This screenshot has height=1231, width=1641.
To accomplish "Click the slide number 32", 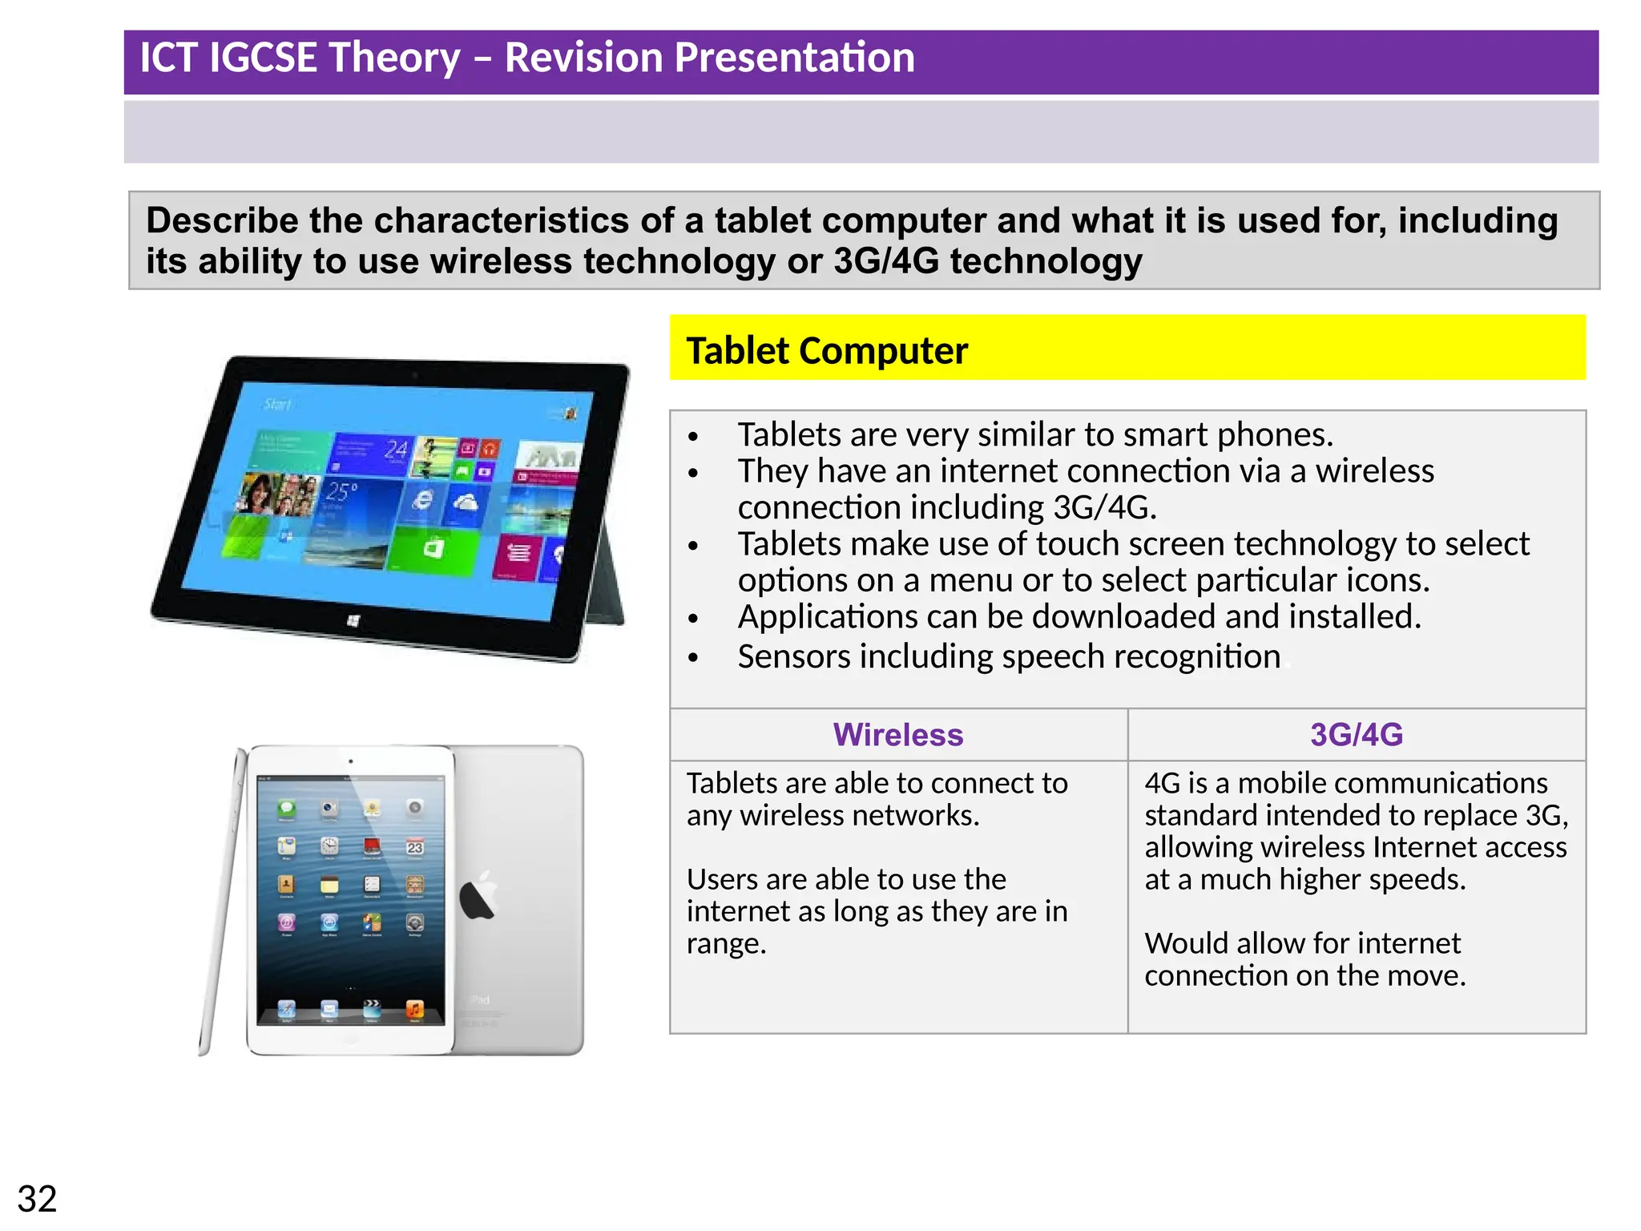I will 37,1199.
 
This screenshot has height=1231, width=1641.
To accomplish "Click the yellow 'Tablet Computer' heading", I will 826,351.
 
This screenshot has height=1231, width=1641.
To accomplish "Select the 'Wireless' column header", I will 897,735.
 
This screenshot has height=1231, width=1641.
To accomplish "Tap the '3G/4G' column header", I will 1356,735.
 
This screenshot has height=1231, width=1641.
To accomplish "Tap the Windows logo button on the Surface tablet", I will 353,621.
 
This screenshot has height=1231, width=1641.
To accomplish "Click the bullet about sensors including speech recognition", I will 1008,656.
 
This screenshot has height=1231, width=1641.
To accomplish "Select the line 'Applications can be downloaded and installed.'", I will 1079,617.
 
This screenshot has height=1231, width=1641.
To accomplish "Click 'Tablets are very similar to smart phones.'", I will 1034,435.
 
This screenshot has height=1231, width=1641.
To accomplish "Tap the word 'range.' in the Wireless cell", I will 726,944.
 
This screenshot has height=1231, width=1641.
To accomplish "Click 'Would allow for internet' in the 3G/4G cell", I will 1302,943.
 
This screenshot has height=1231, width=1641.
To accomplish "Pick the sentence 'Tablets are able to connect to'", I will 877,783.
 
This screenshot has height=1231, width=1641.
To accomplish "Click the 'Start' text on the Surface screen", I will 277,404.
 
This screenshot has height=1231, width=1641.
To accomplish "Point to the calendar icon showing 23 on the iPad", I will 414,847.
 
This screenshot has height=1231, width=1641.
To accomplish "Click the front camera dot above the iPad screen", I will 350,761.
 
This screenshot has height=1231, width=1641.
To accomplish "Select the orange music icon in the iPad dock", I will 414,1009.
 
